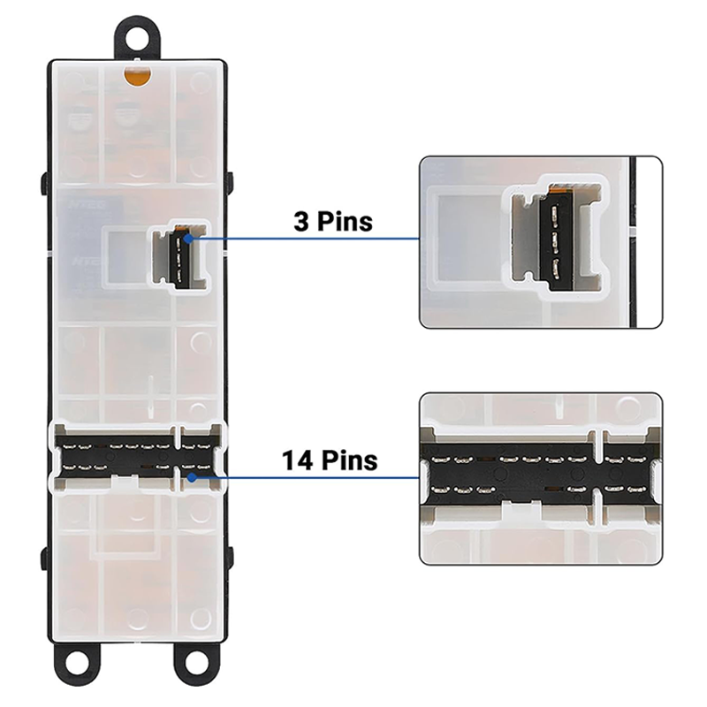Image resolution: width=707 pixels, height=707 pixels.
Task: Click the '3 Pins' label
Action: tap(333, 221)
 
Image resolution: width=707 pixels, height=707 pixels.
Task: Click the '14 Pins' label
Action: tap(330, 460)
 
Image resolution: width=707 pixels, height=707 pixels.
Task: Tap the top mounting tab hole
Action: tap(136, 38)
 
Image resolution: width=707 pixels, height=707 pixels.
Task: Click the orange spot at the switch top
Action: tap(135, 77)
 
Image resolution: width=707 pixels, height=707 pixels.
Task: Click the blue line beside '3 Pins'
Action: tap(300, 238)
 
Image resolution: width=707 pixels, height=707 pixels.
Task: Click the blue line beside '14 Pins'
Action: tap(300, 478)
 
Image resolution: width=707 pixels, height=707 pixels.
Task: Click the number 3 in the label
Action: tap(301, 221)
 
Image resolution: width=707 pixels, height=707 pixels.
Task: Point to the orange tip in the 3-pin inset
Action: tap(557, 188)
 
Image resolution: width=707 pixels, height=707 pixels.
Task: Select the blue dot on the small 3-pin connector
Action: tap(186, 237)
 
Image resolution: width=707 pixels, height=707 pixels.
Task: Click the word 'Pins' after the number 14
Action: tap(346, 460)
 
